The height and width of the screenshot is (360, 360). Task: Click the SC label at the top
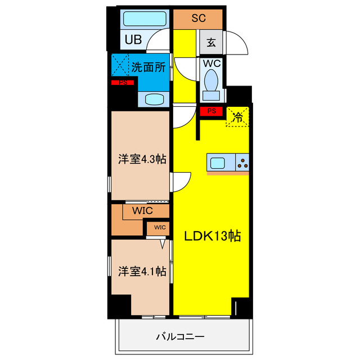pos(199,18)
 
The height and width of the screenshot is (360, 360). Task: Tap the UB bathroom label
pos(133,40)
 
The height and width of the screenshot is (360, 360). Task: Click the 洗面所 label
pos(148,67)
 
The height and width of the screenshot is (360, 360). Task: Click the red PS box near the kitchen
pos(211,111)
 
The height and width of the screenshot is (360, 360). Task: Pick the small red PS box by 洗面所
pos(123,83)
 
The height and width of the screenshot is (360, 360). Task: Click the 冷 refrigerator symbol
pos(238,118)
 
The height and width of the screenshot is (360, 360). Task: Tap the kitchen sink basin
pos(218,163)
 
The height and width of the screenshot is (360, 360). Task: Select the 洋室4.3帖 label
pos(141,159)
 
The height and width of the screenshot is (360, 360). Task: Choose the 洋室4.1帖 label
pos(141,271)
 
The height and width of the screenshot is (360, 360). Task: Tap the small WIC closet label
pos(159,228)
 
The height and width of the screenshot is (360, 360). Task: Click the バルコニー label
pos(180,337)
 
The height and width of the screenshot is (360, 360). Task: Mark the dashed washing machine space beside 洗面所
pos(120,65)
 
